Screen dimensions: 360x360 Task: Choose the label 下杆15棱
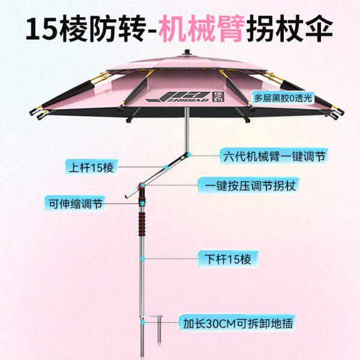tap(227, 259)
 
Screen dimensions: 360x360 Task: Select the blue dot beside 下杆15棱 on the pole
tap(142, 259)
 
